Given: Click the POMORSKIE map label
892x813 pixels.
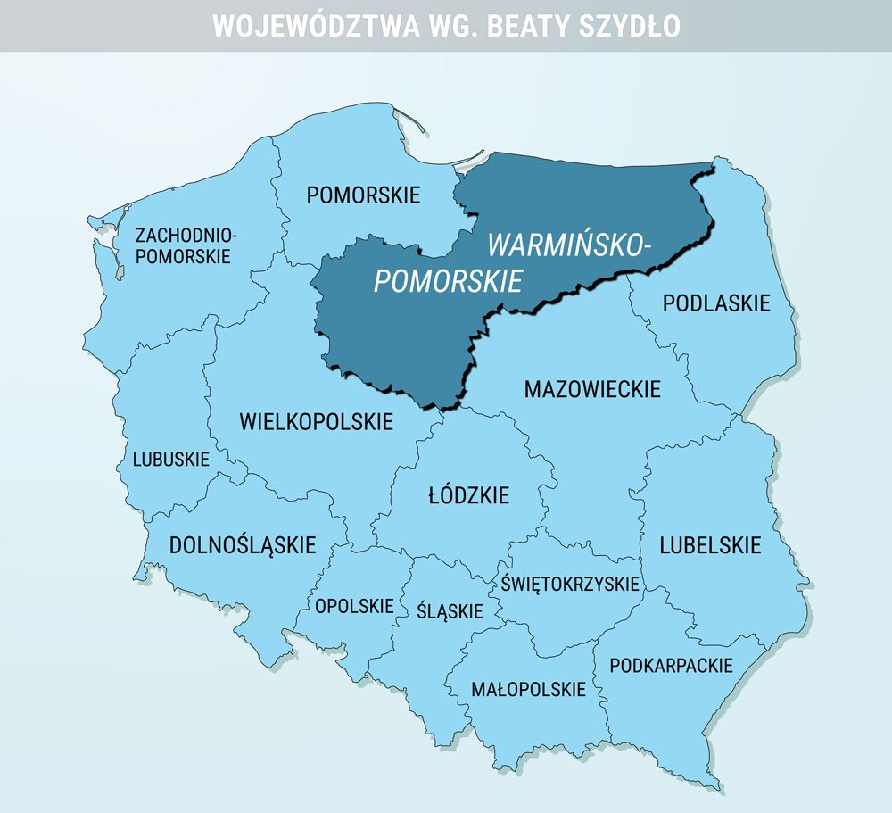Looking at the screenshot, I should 363,195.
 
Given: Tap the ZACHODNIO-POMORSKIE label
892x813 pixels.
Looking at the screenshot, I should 186,245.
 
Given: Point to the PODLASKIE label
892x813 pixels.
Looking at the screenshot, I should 715,303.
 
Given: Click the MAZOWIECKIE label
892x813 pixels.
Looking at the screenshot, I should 592,389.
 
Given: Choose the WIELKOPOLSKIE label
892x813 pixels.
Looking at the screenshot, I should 316,421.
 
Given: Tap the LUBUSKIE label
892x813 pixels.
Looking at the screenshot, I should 170,460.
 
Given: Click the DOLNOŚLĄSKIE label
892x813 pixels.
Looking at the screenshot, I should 243,544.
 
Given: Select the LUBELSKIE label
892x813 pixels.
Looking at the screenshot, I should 710,544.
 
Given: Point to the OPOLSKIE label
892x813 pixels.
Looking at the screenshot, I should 354,606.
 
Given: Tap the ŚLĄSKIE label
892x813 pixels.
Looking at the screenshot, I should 450,611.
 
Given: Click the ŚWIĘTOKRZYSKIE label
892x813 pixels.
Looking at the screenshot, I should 570,584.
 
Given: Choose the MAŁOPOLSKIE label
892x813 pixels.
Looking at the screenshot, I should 528,689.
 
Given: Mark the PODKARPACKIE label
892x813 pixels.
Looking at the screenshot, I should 671,665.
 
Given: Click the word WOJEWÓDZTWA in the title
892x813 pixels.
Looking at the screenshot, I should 316,26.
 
